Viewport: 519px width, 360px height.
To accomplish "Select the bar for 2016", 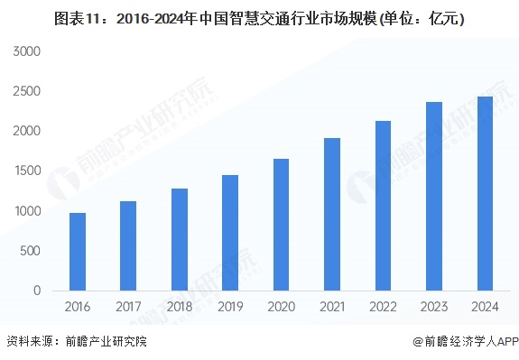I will pyautogui.click(x=78, y=252).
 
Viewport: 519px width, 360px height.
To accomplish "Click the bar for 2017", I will pyautogui.click(x=128, y=245).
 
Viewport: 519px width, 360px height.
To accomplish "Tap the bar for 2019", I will pyautogui.click(x=230, y=233).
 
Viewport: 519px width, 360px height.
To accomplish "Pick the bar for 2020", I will pyautogui.click(x=281, y=225).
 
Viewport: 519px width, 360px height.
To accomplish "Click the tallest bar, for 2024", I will pyautogui.click(x=485, y=193).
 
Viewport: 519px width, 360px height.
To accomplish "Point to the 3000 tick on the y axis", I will pyautogui.click(x=27, y=51).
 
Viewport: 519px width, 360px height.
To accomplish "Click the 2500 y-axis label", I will pyautogui.click(x=27, y=91).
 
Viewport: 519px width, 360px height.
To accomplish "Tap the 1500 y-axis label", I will pyautogui.click(x=27, y=171).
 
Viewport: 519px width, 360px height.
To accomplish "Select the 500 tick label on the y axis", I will pyautogui.click(x=31, y=251).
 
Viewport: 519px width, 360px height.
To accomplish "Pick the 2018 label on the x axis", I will pyautogui.click(x=180, y=308).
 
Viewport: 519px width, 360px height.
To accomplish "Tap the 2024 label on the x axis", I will pyautogui.click(x=485, y=308).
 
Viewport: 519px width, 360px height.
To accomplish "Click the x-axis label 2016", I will pyautogui.click(x=78, y=308).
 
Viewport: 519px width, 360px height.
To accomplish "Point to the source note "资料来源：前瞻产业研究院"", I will pyautogui.click(x=76, y=342).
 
